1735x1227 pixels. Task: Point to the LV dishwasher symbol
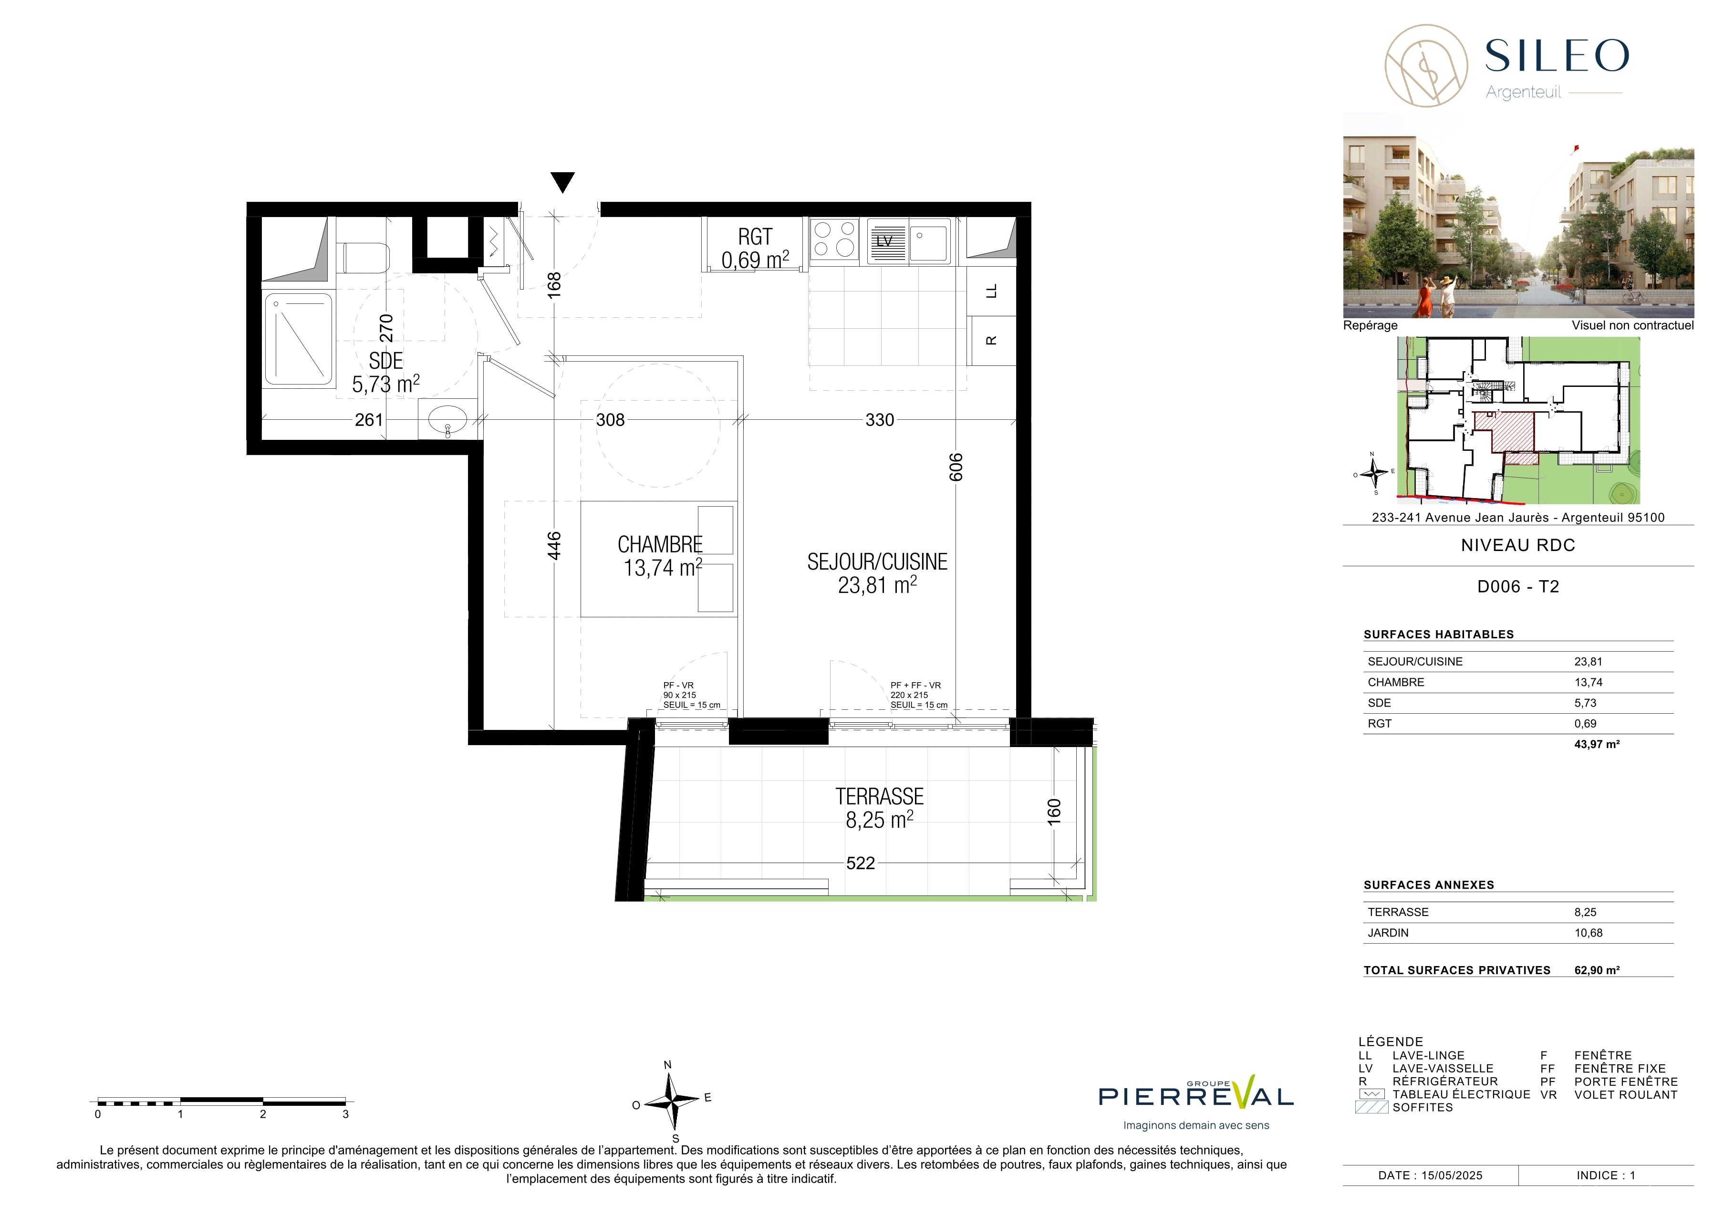click(x=885, y=241)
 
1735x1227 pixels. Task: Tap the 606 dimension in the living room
click(x=956, y=467)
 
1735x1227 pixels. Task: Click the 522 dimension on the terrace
click(x=860, y=863)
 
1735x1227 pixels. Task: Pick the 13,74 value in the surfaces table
click(x=1589, y=682)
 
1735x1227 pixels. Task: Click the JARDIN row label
click(x=1388, y=933)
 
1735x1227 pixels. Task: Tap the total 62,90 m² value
click(x=1597, y=970)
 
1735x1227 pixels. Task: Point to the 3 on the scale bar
click(x=345, y=1113)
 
